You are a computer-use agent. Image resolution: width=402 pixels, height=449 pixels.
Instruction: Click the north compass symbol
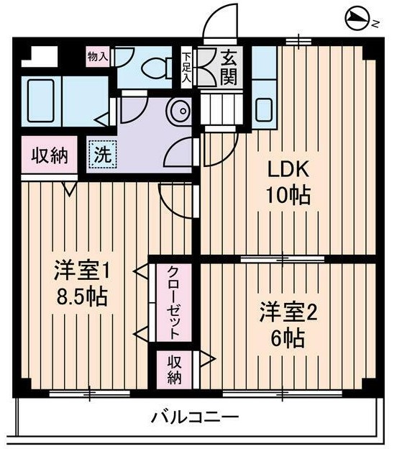[359, 19]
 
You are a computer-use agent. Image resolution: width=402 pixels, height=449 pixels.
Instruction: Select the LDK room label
[290, 170]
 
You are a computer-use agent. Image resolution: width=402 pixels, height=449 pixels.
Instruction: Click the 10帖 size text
[290, 196]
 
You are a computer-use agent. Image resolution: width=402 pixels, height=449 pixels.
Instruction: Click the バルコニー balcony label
[194, 417]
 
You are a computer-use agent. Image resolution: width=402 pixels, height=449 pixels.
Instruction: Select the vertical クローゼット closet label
[174, 302]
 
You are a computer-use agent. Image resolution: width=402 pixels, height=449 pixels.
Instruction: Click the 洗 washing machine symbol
[101, 154]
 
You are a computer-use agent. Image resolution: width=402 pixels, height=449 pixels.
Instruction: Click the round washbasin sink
[178, 112]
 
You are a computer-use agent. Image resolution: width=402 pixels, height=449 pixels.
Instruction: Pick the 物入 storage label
[98, 56]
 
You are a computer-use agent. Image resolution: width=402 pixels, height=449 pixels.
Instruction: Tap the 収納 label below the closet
[175, 368]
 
